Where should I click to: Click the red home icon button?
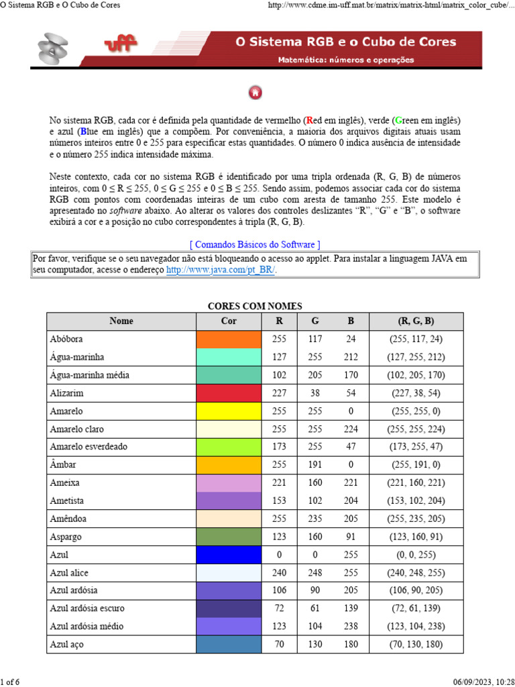(255, 93)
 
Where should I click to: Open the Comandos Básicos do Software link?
(255, 244)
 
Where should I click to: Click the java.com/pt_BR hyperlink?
(221, 270)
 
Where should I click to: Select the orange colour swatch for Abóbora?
(228, 339)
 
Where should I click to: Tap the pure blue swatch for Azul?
(228, 555)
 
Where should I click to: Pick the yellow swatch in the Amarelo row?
(228, 411)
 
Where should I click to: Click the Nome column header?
(121, 321)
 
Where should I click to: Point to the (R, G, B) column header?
(416, 321)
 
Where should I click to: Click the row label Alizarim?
(67, 393)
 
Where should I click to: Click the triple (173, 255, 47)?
(416, 447)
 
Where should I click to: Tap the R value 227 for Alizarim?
(279, 393)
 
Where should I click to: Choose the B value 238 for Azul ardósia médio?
(351, 627)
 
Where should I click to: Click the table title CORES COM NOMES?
(255, 306)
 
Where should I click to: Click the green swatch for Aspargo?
(228, 537)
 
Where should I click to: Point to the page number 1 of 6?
(10, 682)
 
